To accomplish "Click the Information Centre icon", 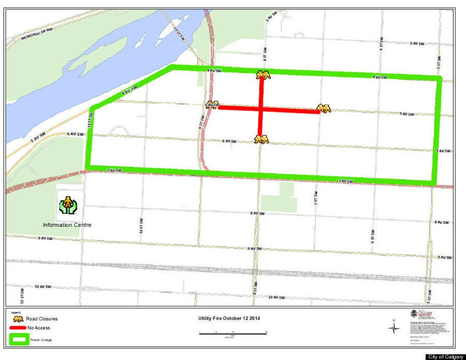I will [67, 205].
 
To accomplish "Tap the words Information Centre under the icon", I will [67, 225].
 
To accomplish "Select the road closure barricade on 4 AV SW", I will [264, 75].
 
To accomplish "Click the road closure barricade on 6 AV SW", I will [261, 138].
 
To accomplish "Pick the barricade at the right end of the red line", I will [324, 108].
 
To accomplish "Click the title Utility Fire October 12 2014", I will [229, 318].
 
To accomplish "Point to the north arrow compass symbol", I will [393, 327].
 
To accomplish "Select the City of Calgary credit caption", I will [446, 356].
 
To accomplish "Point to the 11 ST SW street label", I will [90, 122].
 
